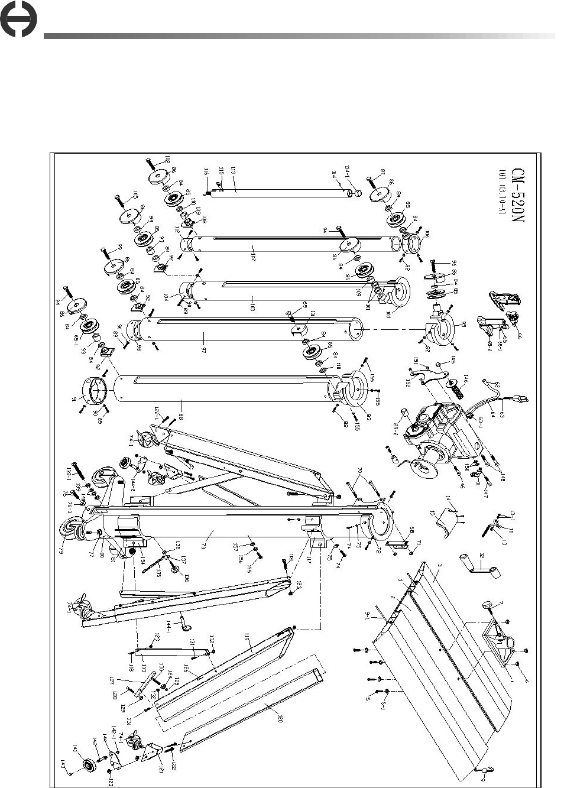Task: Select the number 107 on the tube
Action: point(254,258)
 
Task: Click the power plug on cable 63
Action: point(521,400)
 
